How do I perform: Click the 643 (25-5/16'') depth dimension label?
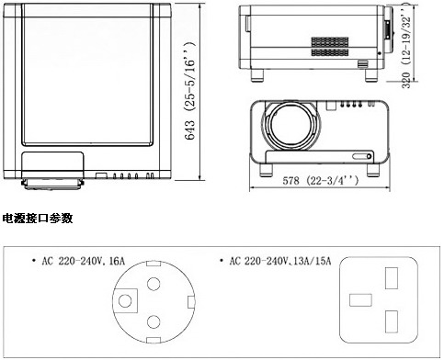190,91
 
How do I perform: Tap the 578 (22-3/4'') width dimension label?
320,181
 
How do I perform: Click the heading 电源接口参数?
38,219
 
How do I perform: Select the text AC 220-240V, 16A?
83,261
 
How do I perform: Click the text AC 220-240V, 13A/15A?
280,261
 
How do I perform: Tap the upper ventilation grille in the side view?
330,42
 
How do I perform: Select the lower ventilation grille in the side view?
330,52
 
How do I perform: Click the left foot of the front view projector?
266,170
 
